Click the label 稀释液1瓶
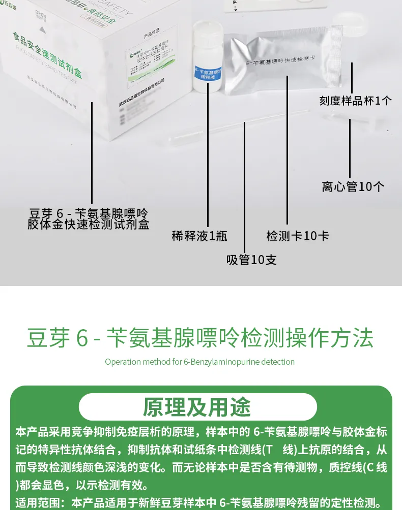pyautogui.click(x=199, y=236)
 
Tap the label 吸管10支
pyautogui.click(x=251, y=260)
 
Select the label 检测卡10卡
pyautogui.click(x=298, y=236)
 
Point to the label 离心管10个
pyautogui.click(x=353, y=186)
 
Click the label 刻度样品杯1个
pyautogui.click(x=355, y=100)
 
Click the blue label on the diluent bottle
pyautogui.click(x=208, y=74)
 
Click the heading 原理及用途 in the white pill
pyautogui.click(x=197, y=407)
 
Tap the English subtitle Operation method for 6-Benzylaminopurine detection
pyautogui.click(x=199, y=362)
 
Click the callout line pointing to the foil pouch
pyautogui.click(x=287, y=152)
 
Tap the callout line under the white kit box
pyautogui.click(x=92, y=152)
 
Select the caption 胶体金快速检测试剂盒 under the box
pyautogui.click(x=89, y=224)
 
